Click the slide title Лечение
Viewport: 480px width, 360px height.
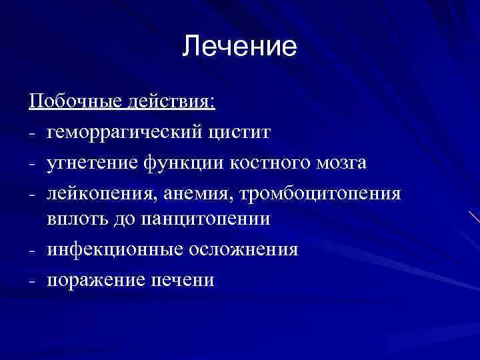tap(239, 47)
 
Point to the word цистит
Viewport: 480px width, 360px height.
tap(244, 132)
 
